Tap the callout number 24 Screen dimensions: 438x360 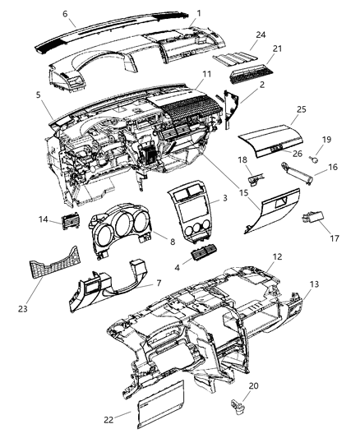pos(261,35)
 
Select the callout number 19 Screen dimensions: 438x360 pos(325,140)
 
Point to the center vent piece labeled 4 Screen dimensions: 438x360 pos(202,259)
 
